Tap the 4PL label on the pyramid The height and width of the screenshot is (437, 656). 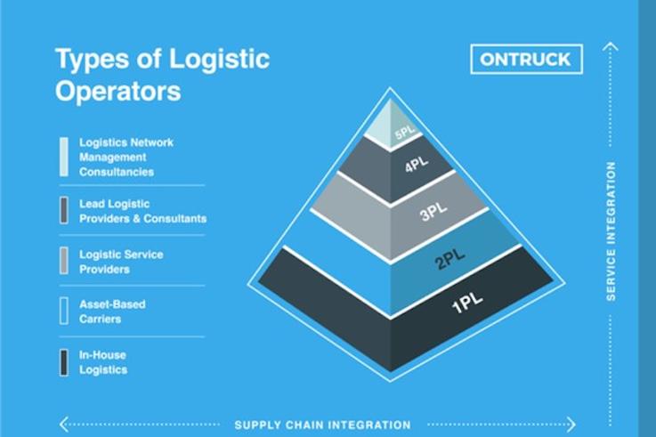[x=416, y=167]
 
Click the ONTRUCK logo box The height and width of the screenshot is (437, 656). [x=526, y=60]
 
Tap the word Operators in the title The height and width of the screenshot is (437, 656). [x=117, y=91]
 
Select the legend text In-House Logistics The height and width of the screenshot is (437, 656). [x=103, y=362]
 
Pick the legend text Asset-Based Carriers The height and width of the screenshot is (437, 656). [x=112, y=311]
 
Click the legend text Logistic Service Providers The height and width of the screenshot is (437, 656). [x=121, y=262]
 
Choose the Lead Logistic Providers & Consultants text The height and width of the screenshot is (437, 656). [x=142, y=211]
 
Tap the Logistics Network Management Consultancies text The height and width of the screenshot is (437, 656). [x=126, y=157]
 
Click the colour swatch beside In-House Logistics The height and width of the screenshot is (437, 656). [x=64, y=362]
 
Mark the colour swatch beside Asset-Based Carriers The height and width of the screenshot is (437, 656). [x=64, y=311]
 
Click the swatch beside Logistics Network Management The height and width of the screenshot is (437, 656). [x=64, y=157]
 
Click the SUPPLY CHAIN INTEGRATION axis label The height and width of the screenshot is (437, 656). [x=322, y=425]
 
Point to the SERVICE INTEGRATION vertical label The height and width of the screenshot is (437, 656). [x=611, y=231]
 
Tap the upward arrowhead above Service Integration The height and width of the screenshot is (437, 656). [x=610, y=46]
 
